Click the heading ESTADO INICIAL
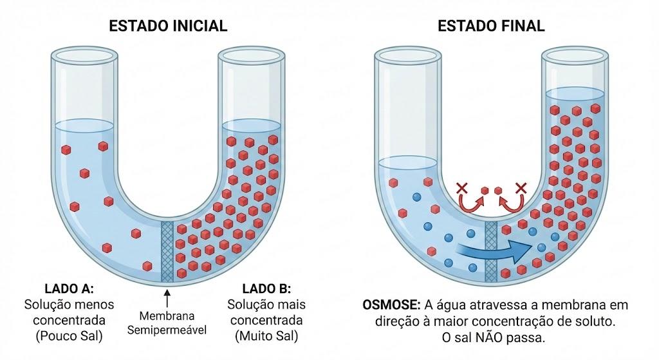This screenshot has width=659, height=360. tap(168, 26)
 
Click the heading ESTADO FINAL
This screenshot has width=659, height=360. tap(491, 26)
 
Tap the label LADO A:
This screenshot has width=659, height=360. tap(70, 289)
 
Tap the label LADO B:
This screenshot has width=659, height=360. tap(266, 289)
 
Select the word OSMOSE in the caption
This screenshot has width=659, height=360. tap(391, 305)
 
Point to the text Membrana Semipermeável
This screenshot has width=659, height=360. tap(167, 323)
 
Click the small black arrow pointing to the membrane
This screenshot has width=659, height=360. tap(167, 298)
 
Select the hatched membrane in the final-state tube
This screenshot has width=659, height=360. tap(490, 252)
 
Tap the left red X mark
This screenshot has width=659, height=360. tap(462, 187)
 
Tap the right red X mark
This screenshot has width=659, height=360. tap(521, 187)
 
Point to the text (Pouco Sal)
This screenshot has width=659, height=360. tap(70, 336)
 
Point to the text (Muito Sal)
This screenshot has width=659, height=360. tap(266, 336)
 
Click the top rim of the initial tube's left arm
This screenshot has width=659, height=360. tap(84, 54)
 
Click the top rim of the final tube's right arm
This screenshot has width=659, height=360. tap(575, 54)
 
